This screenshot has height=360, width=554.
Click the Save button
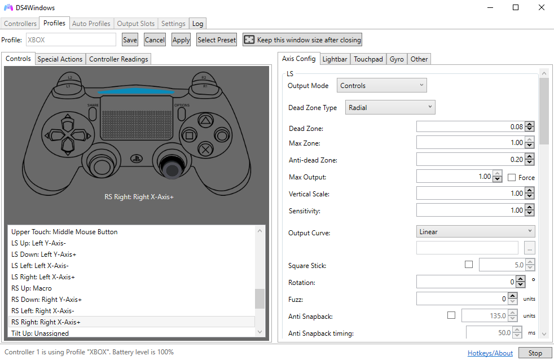130,40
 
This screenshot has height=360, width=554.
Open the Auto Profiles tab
91,24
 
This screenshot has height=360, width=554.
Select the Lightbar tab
335,59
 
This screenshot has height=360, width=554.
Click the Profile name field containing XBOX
71,39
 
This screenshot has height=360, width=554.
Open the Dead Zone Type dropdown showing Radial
390,107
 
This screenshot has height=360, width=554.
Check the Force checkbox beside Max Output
511,177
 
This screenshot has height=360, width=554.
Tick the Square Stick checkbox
468,264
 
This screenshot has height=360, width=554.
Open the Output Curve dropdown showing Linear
476,231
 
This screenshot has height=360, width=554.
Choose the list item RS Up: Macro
32,288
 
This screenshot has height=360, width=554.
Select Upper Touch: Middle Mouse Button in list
64,232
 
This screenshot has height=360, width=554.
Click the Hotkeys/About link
490,353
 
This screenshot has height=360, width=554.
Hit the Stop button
535,353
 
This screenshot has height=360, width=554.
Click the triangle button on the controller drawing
205,121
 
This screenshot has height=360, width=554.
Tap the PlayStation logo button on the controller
137,159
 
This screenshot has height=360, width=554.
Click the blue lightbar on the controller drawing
136,91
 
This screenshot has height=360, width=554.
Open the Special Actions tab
60,59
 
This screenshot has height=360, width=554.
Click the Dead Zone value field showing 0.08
471,126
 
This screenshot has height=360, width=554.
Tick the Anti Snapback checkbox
451,315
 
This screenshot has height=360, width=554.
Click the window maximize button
516,7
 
